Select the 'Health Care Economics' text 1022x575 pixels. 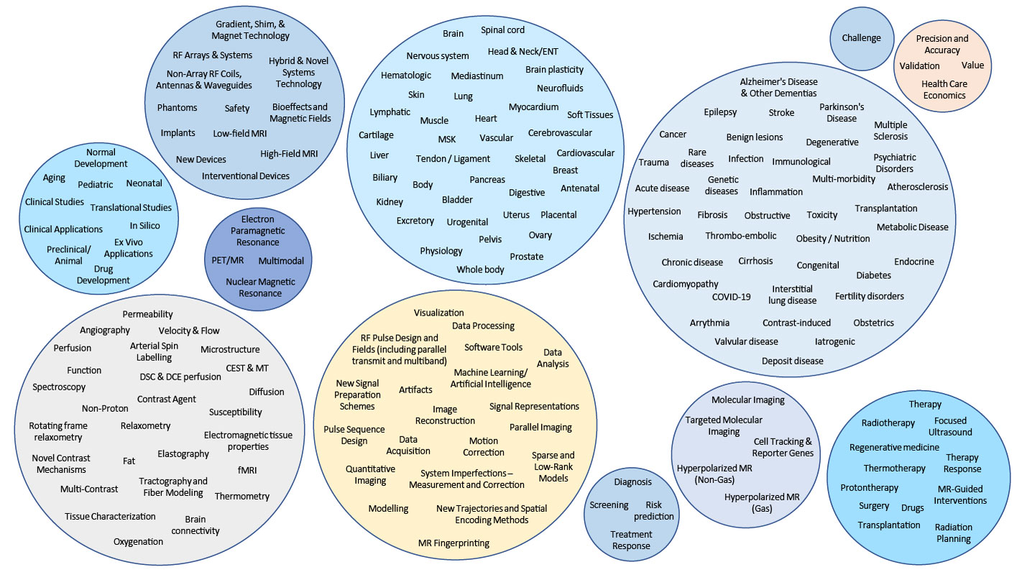tap(944, 89)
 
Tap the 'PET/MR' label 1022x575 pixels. tap(229, 260)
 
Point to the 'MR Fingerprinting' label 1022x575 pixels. tap(454, 543)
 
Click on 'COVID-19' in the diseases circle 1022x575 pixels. tap(731, 297)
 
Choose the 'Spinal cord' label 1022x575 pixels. tap(502, 30)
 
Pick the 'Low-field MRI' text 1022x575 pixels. tap(240, 134)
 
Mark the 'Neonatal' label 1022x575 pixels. tap(144, 183)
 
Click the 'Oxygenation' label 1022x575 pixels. tap(138, 541)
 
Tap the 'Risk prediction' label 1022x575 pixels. tap(653, 510)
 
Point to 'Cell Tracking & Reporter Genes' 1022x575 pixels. tap(783, 447)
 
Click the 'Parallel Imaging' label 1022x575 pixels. tap(540, 427)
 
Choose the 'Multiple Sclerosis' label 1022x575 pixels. tap(890, 130)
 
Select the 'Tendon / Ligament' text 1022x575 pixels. tap(453, 159)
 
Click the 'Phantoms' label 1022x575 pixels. tap(177, 108)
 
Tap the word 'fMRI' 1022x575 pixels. tap(247, 470)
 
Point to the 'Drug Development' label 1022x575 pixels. tap(103, 275)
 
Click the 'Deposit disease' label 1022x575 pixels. tap(792, 361)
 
